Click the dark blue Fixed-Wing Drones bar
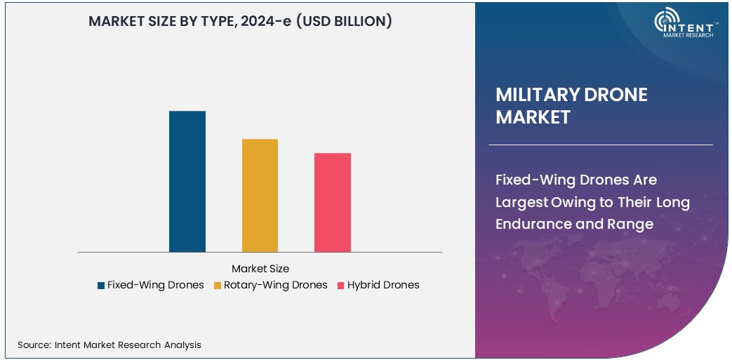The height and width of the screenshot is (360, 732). click(187, 181)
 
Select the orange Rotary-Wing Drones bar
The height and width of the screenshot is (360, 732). click(260, 195)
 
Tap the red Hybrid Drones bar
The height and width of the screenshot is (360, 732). click(332, 202)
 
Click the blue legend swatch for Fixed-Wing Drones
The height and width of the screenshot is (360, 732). click(101, 286)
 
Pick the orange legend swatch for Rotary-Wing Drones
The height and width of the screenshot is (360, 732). click(218, 286)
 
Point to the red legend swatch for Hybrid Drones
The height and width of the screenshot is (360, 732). click(341, 286)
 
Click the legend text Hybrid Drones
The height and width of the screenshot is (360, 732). click(383, 285)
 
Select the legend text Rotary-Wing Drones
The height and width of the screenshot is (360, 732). click(275, 285)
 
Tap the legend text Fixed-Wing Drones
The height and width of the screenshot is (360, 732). click(155, 285)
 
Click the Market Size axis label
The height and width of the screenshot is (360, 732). click(260, 268)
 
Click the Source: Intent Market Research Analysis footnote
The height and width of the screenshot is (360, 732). click(109, 345)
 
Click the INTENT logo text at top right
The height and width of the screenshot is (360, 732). click(693, 25)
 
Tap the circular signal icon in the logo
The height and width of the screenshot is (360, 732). click(665, 21)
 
